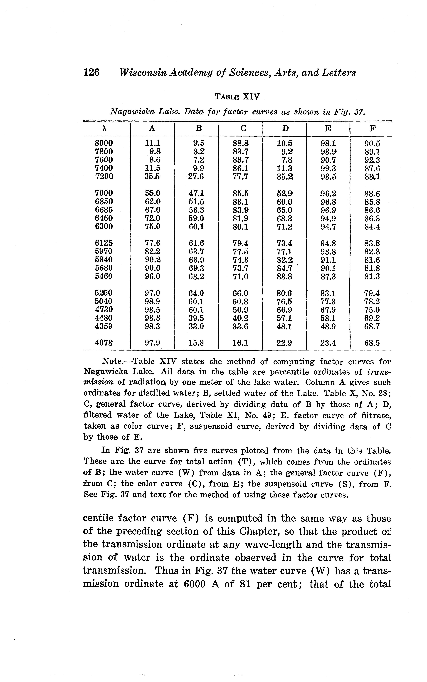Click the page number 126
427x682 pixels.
click(x=91, y=73)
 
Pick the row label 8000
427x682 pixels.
click(x=104, y=143)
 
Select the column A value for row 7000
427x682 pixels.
click(x=153, y=193)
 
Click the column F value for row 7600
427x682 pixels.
click(x=372, y=160)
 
